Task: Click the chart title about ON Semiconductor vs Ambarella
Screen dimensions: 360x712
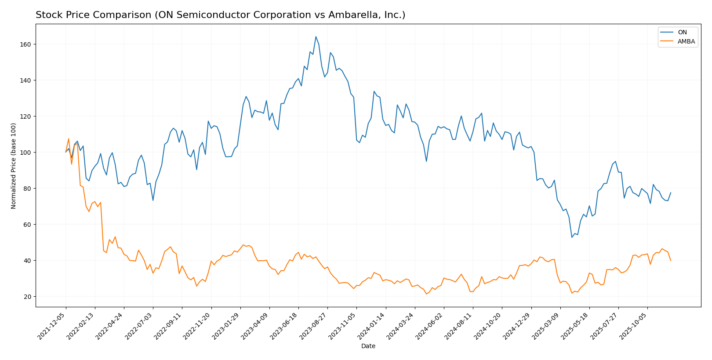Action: (x=220, y=15)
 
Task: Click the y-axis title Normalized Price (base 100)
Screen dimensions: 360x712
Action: (x=14, y=166)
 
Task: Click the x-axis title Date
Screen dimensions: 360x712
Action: (x=368, y=346)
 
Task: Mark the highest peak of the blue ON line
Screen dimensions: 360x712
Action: (x=316, y=36)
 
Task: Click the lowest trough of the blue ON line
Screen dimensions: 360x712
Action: (x=572, y=237)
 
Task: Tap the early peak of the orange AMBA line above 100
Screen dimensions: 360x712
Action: (x=69, y=139)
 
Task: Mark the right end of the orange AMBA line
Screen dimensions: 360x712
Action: (x=671, y=260)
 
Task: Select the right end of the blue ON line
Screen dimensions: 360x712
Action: (x=671, y=193)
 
